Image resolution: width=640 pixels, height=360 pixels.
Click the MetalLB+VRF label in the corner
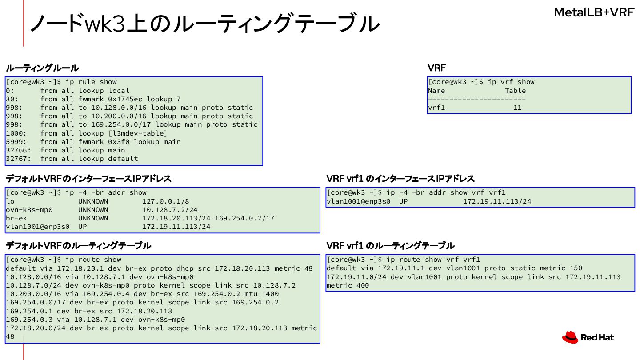coord(593,12)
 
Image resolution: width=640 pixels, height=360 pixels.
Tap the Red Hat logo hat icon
coord(570,338)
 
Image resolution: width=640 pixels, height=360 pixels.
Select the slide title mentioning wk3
coord(204,23)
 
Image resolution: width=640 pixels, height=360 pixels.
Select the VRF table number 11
coord(517,108)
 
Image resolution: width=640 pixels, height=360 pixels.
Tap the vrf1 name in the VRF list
coord(436,108)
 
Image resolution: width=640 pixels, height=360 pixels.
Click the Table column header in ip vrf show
coord(515,91)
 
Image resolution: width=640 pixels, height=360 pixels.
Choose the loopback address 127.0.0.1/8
coord(166,201)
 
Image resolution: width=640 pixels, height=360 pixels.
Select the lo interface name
coord(10,201)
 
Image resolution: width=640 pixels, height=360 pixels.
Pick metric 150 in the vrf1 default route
coord(574,268)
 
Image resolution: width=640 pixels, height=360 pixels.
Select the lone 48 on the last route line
coord(10,336)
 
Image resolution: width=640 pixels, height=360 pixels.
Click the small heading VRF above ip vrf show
coord(436,68)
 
